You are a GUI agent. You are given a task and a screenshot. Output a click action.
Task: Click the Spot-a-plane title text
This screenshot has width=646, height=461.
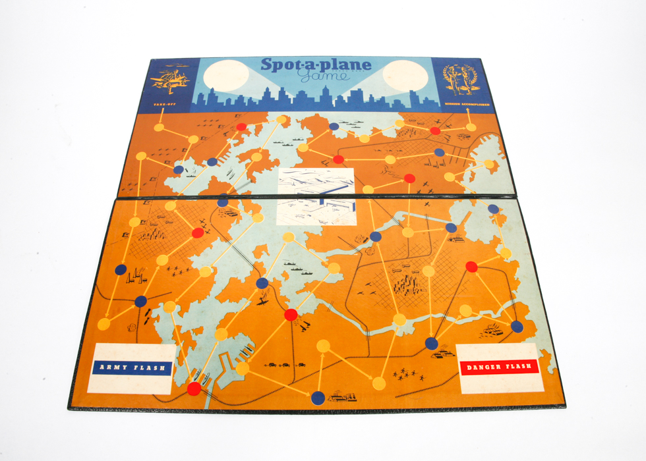tap(316, 65)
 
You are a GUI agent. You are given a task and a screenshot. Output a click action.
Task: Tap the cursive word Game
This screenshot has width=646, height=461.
tap(319, 78)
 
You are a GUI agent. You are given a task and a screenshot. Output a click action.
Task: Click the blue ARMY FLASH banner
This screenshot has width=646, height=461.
tap(132, 367)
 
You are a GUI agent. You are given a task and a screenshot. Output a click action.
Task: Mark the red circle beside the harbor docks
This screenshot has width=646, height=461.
tap(194, 389)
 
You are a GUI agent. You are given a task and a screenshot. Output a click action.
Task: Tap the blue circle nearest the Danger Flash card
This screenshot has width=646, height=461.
tap(432, 343)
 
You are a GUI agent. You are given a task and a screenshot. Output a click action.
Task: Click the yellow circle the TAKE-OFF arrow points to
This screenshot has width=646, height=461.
tap(159, 127)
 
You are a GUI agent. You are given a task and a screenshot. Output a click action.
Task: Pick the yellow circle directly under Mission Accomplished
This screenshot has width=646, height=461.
tap(471, 127)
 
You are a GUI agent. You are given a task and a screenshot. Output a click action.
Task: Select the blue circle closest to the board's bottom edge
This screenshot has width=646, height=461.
tap(318, 397)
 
